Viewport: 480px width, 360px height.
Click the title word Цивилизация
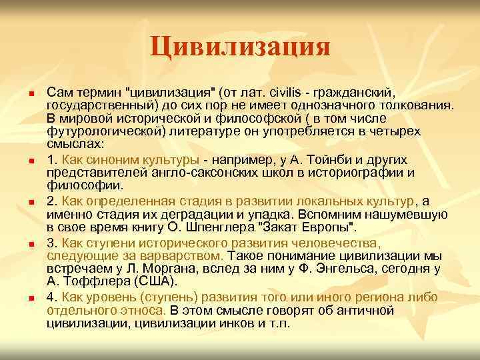pos(240,47)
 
